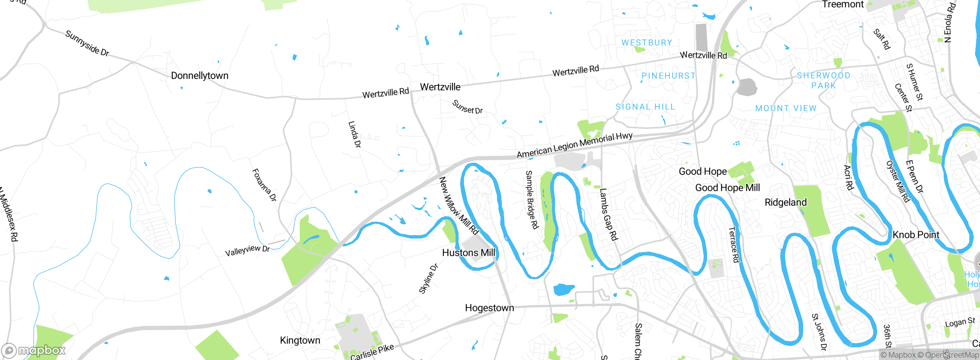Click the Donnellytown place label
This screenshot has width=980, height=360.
click(199, 75)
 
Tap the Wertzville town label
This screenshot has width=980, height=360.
click(440, 87)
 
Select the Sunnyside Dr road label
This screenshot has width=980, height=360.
click(87, 43)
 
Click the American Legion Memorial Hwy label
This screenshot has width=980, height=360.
click(574, 145)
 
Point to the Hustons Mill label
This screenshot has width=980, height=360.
click(468, 253)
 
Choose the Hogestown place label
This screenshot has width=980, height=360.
click(489, 308)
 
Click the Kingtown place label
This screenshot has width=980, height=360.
click(300, 340)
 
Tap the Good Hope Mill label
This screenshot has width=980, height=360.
click(727, 188)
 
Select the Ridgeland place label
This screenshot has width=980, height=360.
click(786, 202)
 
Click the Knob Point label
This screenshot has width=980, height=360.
click(916, 235)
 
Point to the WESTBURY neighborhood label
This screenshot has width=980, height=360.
click(647, 43)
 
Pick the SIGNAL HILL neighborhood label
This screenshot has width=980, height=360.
click(645, 107)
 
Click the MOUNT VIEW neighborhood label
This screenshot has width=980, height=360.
click(786, 108)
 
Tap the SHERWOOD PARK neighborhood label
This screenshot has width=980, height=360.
click(823, 80)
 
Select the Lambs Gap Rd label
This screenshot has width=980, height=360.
click(609, 214)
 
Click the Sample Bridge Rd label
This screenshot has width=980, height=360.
click(532, 200)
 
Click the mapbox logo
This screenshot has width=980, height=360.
click(34, 350)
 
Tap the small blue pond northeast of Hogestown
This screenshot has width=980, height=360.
click(564, 289)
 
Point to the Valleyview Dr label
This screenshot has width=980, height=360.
click(247, 251)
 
